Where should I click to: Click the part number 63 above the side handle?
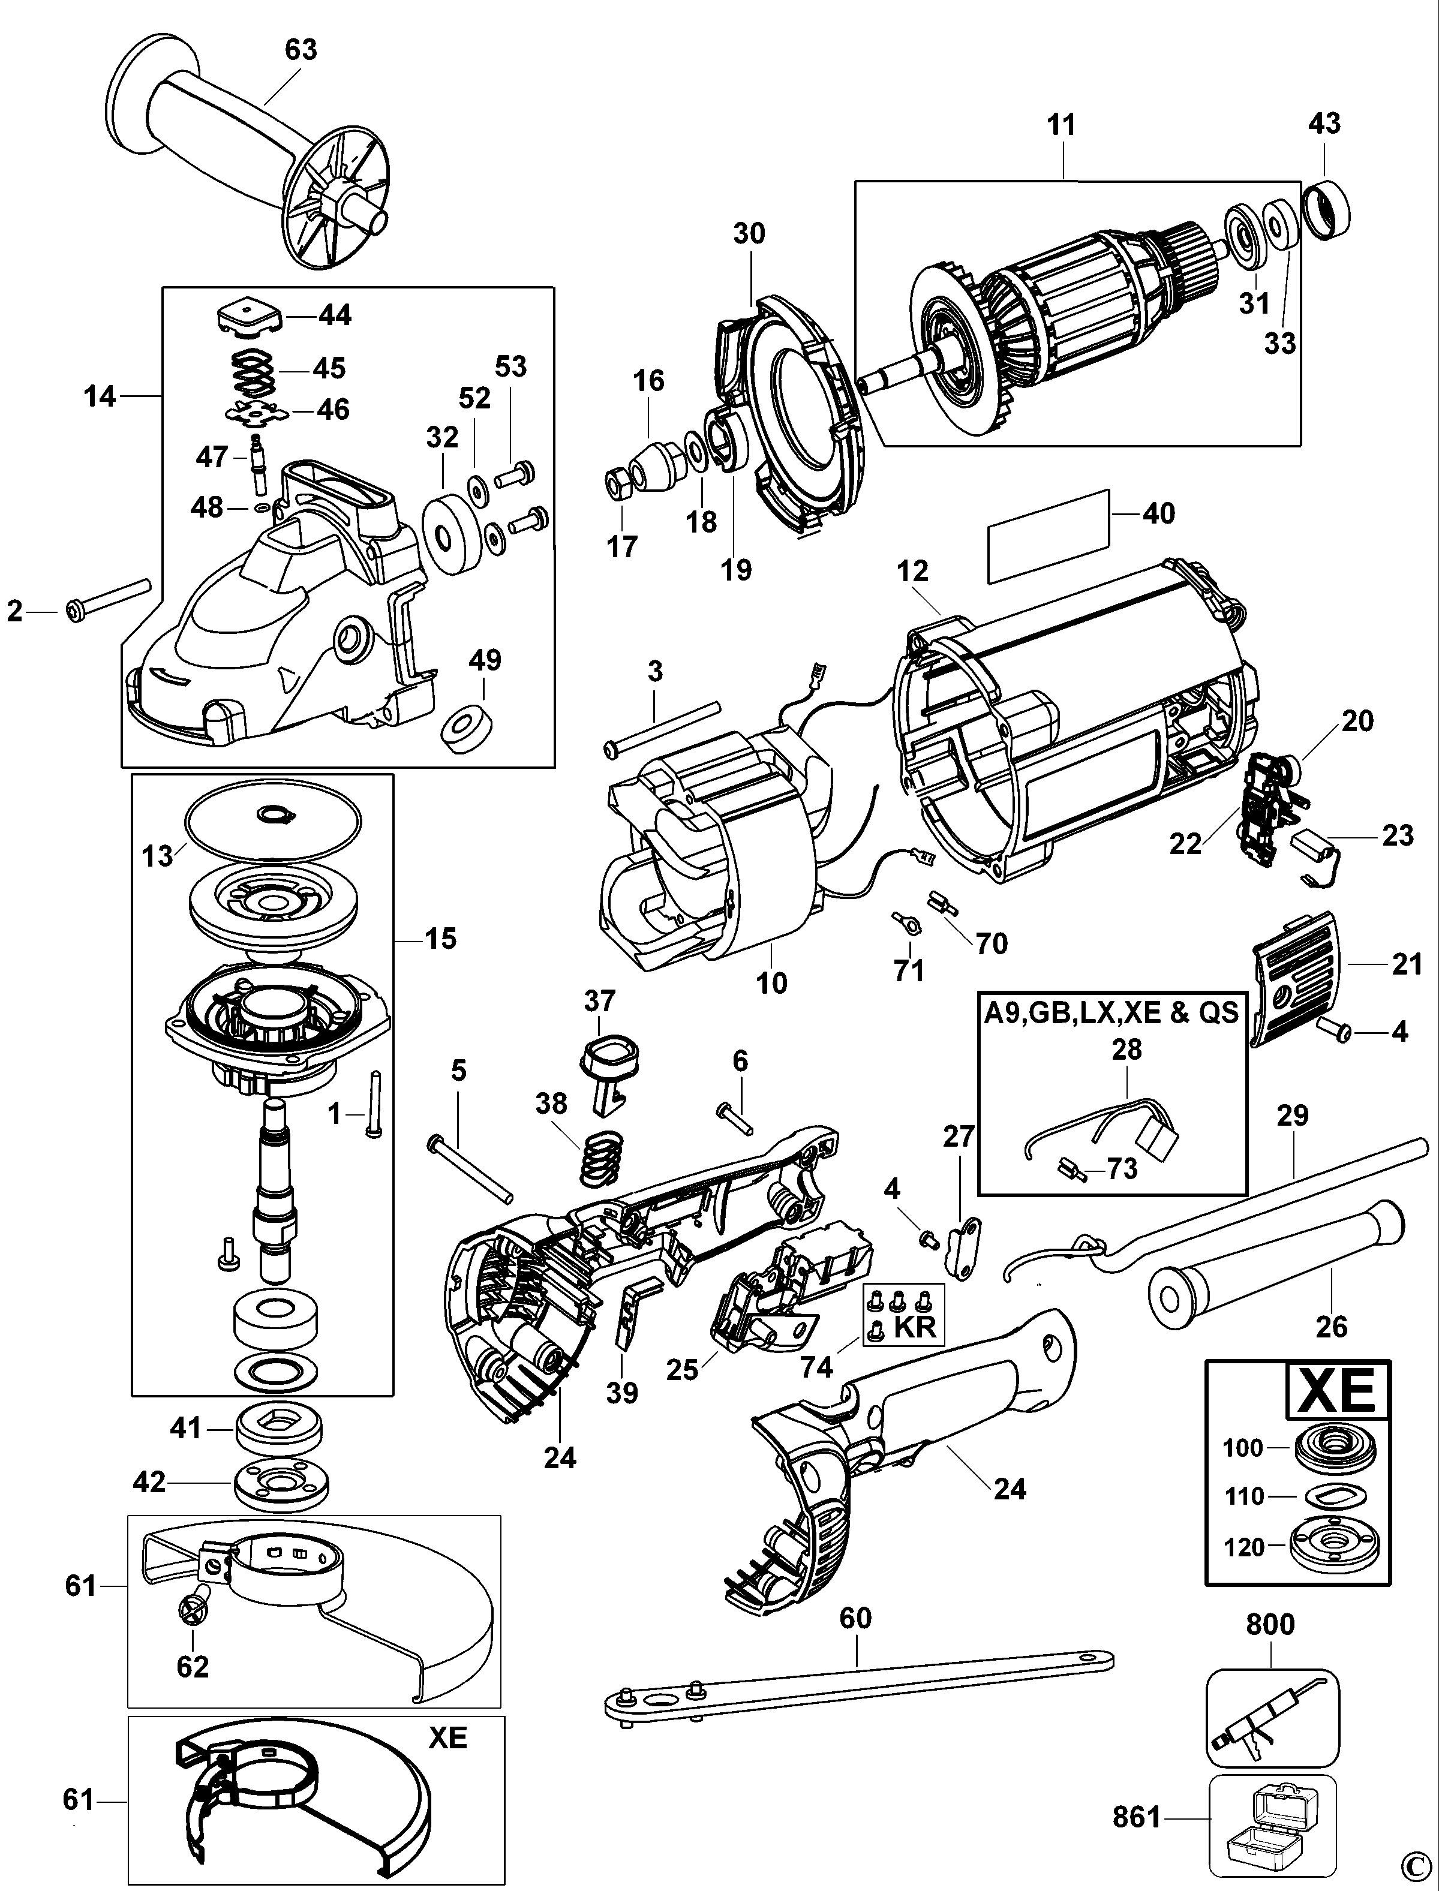coord(301,50)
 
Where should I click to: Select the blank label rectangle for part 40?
coord(1049,538)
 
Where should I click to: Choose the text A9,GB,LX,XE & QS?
coord(1111,1012)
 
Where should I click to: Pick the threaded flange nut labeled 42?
coord(281,1483)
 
